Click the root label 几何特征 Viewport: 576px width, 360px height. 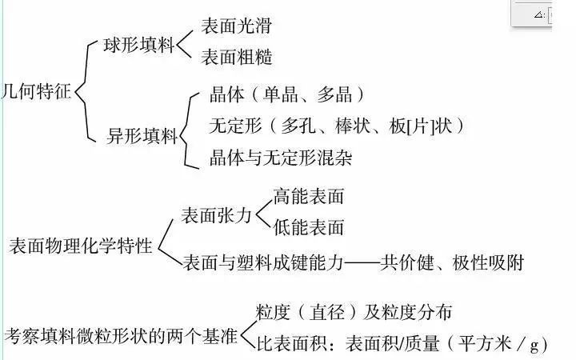click(36, 91)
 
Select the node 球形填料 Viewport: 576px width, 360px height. click(138, 45)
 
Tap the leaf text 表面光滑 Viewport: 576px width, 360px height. click(237, 26)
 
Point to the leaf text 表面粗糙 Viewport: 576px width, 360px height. click(237, 57)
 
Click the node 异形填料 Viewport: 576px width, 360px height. click(142, 136)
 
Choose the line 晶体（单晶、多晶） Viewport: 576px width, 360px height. click(287, 94)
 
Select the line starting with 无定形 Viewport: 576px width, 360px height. click(337, 126)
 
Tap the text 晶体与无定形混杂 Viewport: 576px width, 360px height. click(281, 158)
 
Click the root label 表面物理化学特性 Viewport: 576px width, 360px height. click(81, 246)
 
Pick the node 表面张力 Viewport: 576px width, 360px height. click(216, 215)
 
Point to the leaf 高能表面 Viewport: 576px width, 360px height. click(309, 196)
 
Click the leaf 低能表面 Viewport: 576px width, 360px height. click(309, 227)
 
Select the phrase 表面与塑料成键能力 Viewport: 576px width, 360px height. click(263, 262)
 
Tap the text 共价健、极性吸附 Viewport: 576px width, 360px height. click(452, 262)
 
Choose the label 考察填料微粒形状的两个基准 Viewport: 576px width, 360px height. click(121, 336)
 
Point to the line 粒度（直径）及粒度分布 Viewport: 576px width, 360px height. click(354, 312)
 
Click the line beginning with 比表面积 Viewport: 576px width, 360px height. click(402, 344)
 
